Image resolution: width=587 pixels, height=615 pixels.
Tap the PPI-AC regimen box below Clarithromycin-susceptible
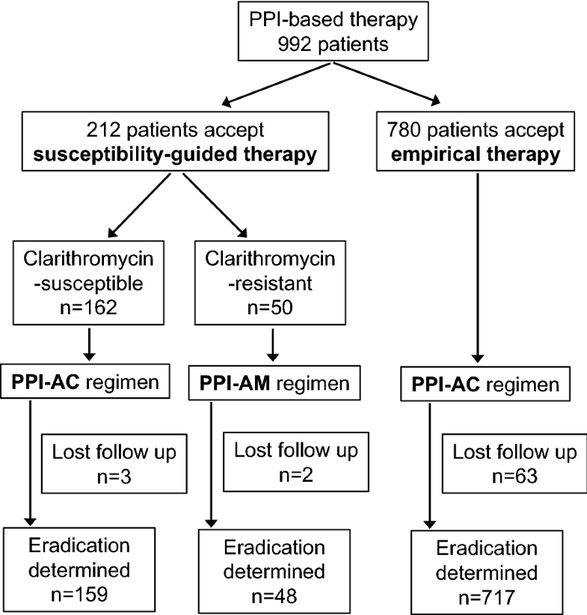[x=88, y=385]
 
